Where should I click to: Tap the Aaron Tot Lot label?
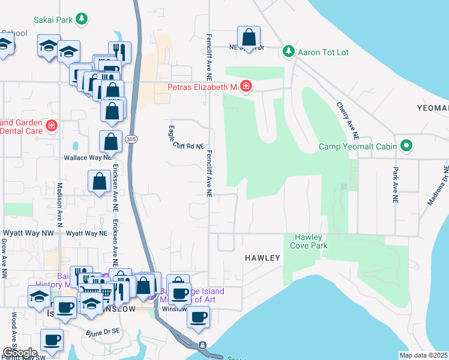click(324, 52)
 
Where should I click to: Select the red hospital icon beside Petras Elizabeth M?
click(246, 87)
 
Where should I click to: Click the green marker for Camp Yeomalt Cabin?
click(406, 146)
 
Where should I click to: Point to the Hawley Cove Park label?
click(309, 241)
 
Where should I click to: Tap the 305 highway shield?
click(130, 139)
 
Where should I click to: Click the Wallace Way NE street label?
click(85, 159)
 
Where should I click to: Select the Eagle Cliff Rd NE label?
click(186, 137)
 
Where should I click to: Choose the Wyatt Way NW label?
click(28, 233)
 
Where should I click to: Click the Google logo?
click(20, 353)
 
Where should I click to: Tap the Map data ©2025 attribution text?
click(423, 355)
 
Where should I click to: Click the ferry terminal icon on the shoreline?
click(203, 345)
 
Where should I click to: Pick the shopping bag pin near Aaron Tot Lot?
click(249, 37)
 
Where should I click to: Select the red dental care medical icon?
click(52, 125)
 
